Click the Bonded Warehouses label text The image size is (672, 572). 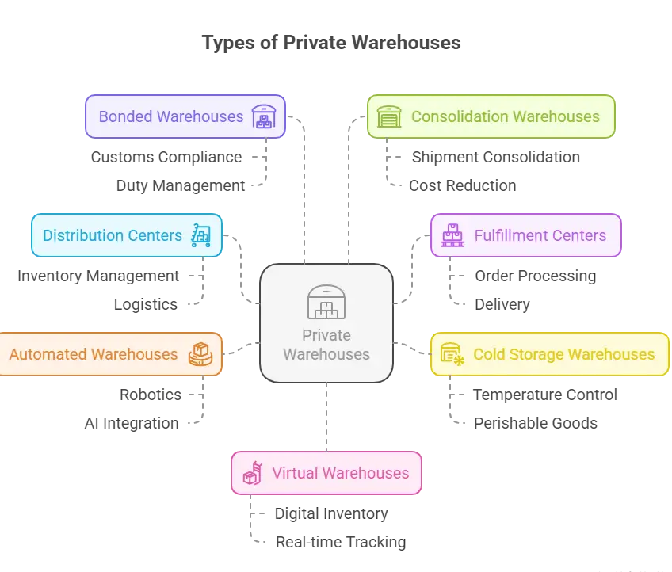point(170,116)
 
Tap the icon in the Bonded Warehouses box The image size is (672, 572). point(264,116)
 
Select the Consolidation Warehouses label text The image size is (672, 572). point(505,116)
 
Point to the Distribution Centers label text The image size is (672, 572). point(112,235)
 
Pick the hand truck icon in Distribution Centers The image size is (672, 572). point(201,235)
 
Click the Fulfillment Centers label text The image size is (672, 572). point(540,235)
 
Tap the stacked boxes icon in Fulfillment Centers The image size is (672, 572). point(452,235)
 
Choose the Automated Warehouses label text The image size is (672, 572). point(94,354)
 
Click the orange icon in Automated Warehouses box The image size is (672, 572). point(200,354)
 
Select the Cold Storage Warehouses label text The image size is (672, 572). point(563,354)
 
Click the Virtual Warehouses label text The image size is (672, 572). point(340,473)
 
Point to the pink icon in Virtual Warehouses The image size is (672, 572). point(253,473)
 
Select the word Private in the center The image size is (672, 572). point(326,335)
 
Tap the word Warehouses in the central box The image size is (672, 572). point(326,354)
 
